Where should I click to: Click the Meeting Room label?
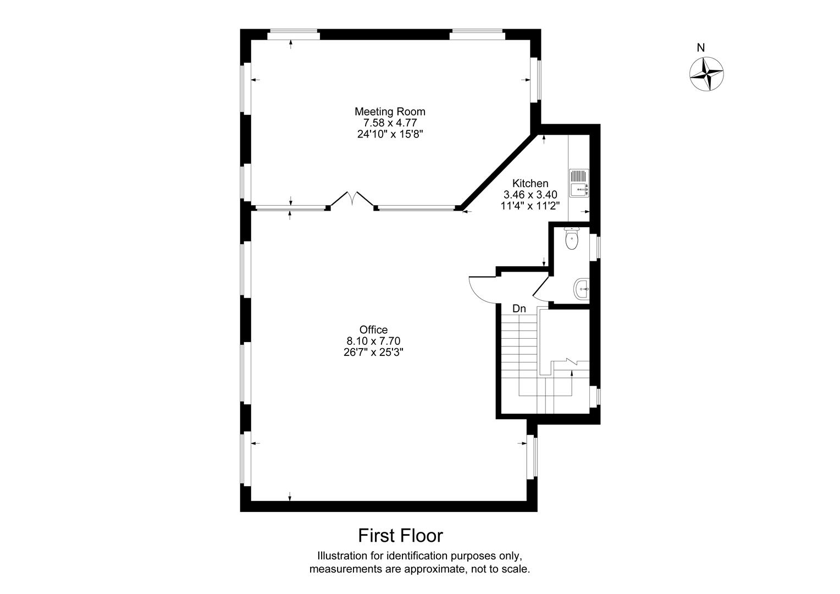(x=389, y=111)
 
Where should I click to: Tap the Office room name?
(x=373, y=330)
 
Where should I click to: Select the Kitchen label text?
(x=530, y=183)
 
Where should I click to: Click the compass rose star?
(x=706, y=74)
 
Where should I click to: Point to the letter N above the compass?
(x=700, y=48)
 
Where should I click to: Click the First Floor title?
(x=400, y=535)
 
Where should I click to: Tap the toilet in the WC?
(x=572, y=239)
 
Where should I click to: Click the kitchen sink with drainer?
(x=579, y=183)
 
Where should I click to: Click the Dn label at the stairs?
(x=519, y=309)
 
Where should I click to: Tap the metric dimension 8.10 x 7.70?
(x=373, y=341)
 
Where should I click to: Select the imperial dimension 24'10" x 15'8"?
(x=389, y=134)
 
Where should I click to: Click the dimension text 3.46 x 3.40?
(x=530, y=194)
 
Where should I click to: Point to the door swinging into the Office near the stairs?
(x=482, y=288)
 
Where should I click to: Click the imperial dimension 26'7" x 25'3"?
(x=373, y=353)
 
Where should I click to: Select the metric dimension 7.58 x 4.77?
(x=389, y=123)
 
